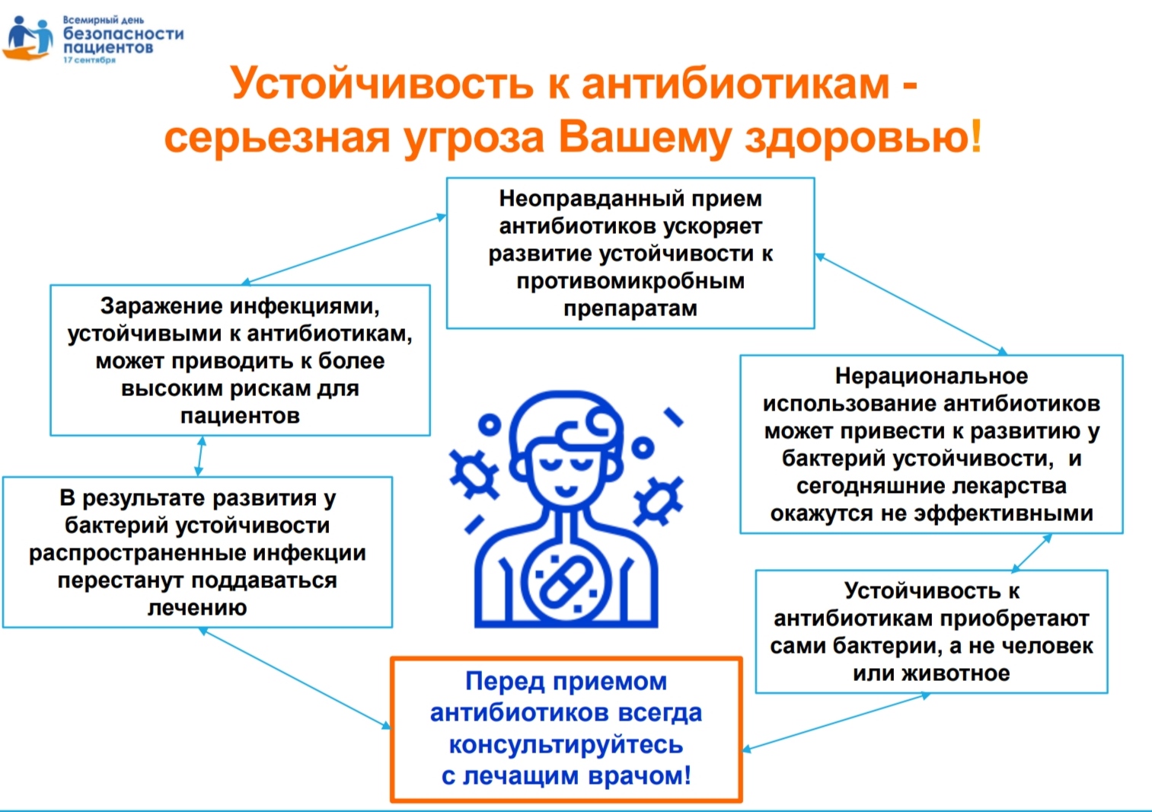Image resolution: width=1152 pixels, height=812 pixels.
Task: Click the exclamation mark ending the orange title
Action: (x=975, y=136)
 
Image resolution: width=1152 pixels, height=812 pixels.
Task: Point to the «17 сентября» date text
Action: (x=90, y=59)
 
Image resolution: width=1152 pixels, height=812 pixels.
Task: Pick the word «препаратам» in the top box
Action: (x=630, y=308)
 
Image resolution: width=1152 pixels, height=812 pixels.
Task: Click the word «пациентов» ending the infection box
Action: (x=240, y=416)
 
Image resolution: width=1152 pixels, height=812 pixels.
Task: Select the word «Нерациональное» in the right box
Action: (x=931, y=376)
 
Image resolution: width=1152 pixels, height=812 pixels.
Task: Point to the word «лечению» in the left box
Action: (x=197, y=608)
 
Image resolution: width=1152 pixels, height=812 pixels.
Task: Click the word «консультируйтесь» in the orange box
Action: (x=566, y=745)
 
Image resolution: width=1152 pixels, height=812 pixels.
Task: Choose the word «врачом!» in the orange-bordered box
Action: (x=640, y=775)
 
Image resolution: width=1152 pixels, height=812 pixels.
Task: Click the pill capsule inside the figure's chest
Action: (x=566, y=583)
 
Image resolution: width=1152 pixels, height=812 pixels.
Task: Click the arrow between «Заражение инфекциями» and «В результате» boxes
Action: (x=200, y=456)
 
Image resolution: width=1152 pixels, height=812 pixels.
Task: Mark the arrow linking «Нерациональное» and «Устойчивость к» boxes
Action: (x=1031, y=553)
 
